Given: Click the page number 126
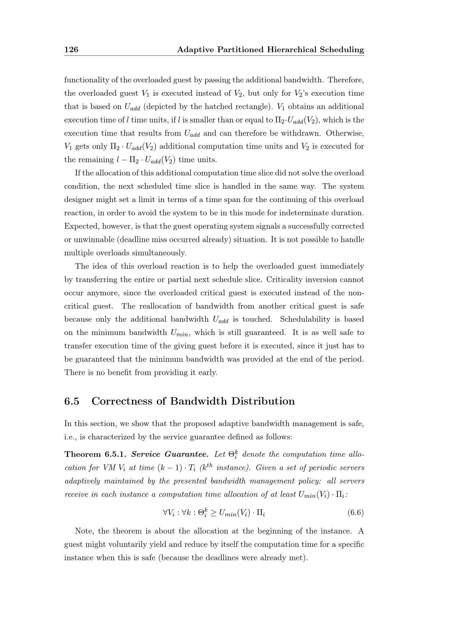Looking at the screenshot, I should click(71, 49).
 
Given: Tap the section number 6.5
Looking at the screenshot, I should click(72, 401).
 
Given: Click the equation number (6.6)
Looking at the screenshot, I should click(356, 513).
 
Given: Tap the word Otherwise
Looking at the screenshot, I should click(345, 133).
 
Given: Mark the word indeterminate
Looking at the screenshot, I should click(304, 213).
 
